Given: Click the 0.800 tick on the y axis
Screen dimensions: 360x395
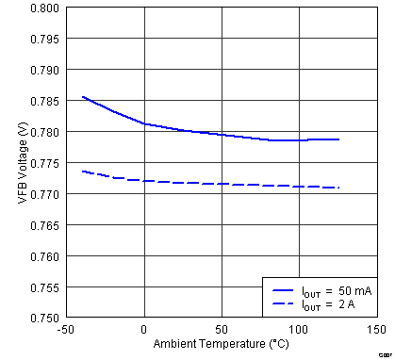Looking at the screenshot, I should coord(46,8).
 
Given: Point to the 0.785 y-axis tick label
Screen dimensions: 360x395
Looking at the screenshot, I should coord(46,101).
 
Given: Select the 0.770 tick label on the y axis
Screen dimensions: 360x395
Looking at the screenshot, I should coord(46,194).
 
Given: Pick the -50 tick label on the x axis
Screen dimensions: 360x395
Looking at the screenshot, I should coord(67,330).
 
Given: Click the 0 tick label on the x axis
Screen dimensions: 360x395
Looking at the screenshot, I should coord(144,330).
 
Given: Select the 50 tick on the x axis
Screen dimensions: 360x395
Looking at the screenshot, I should coord(222,330).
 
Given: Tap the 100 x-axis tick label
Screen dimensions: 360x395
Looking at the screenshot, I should coord(299,330).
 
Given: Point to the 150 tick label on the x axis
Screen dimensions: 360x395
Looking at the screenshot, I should coord(376,330).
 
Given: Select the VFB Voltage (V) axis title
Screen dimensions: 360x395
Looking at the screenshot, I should coord(21,163).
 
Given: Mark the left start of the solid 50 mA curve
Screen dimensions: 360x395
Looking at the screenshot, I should coord(83,96).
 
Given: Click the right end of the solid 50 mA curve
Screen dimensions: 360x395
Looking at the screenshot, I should coord(338,139).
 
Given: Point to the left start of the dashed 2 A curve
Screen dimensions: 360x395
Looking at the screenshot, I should coord(83,172).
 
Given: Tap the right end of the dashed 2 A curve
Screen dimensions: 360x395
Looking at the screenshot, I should coord(338,188).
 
